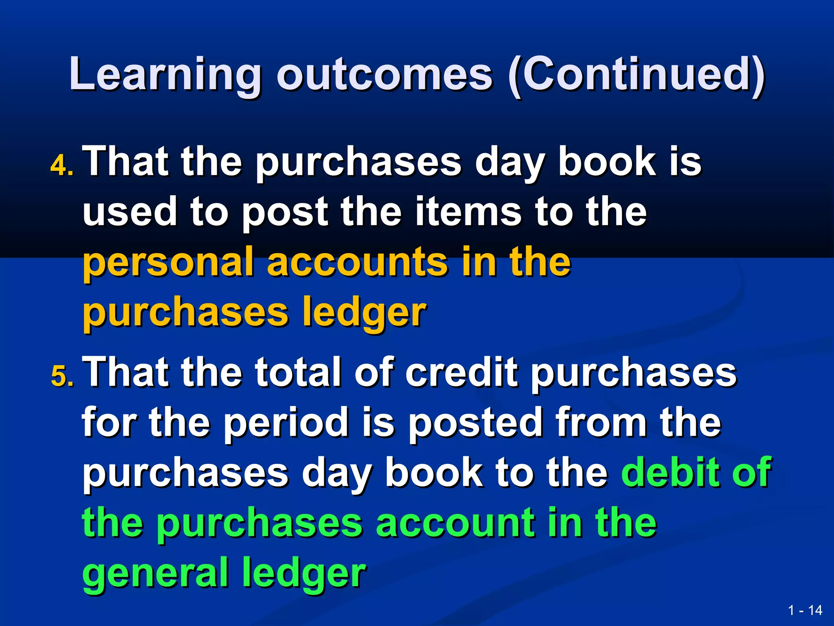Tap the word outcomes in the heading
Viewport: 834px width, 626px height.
tap(384, 75)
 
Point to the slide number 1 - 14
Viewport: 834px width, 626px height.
tap(805, 611)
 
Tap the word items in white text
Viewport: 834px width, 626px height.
tap(468, 212)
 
